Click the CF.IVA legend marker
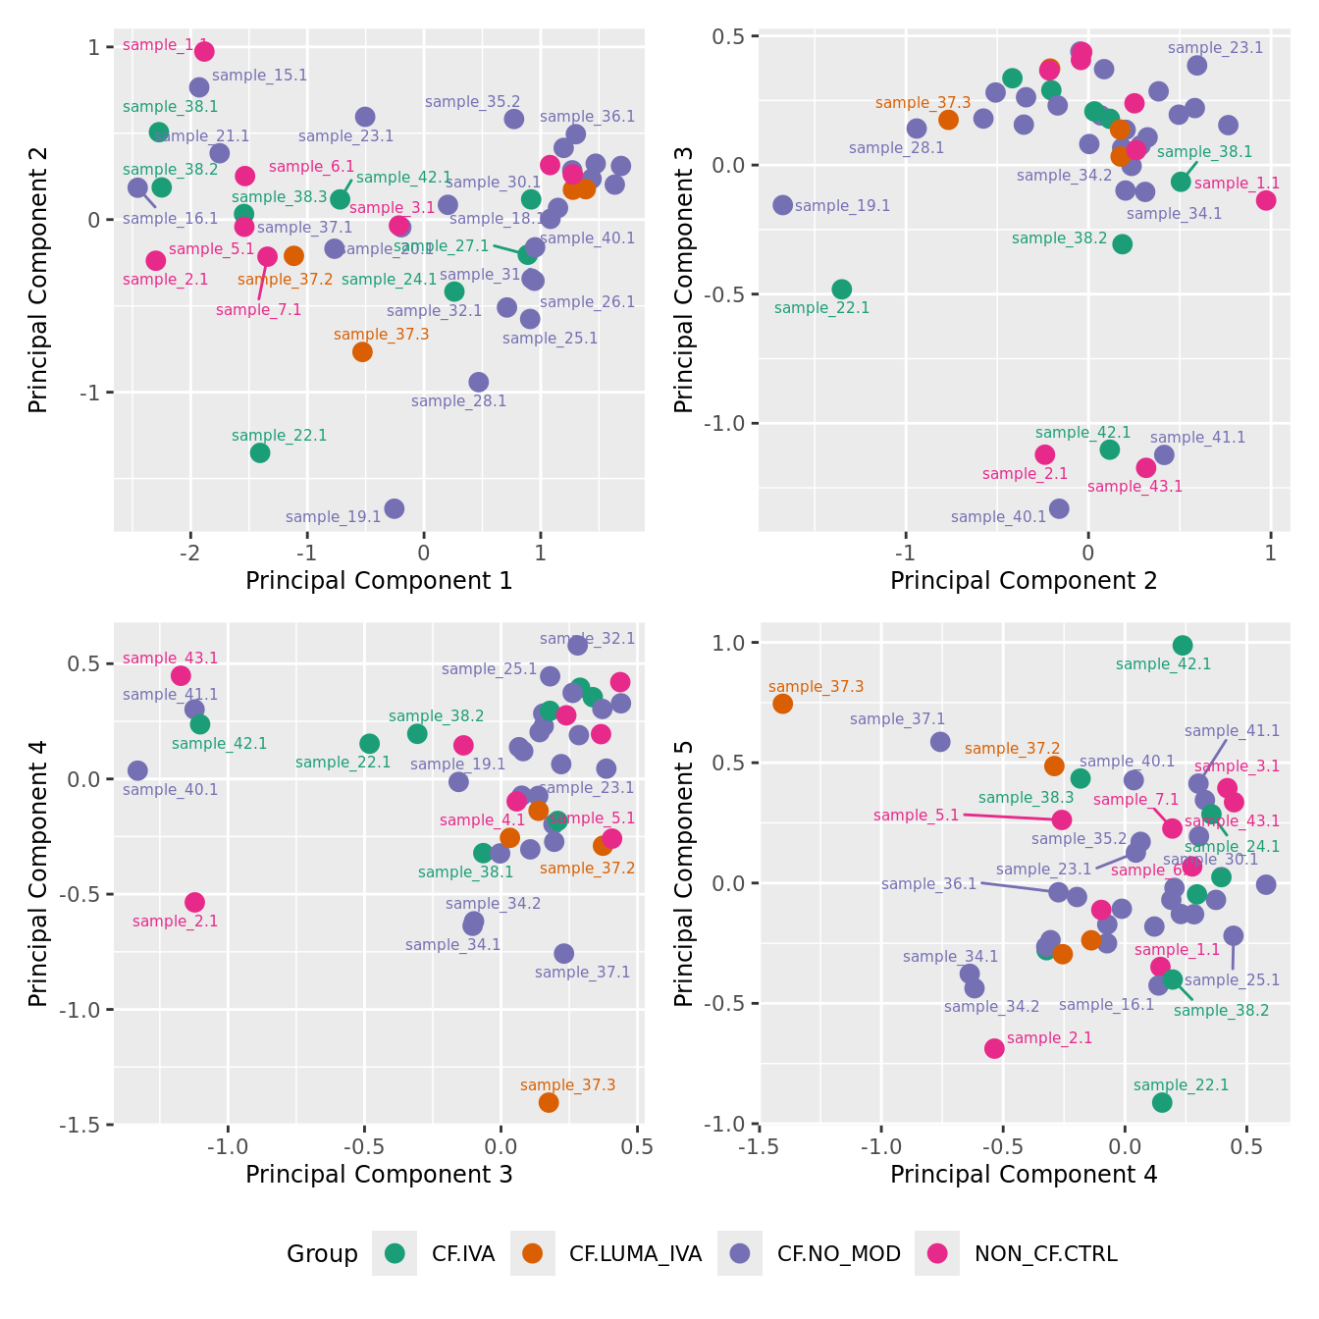point(395,1253)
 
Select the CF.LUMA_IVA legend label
point(635,1253)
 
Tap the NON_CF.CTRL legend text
point(1045,1253)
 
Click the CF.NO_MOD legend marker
point(740,1253)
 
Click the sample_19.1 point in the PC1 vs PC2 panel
point(395,508)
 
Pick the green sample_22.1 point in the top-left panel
point(260,452)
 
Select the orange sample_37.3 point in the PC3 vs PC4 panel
point(549,1102)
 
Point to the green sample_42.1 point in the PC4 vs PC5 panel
point(1183,645)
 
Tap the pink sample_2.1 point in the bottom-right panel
point(994,1048)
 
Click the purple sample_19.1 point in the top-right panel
point(782,205)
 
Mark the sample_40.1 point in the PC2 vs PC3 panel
point(1059,508)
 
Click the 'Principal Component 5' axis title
point(684,873)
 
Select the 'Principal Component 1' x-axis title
point(379,581)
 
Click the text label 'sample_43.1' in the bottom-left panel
point(170,659)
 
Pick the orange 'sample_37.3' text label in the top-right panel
point(923,103)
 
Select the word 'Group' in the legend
point(322,1253)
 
